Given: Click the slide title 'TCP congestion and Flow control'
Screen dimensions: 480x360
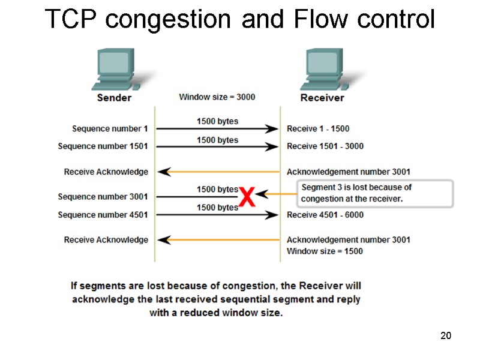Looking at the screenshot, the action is [x=240, y=20].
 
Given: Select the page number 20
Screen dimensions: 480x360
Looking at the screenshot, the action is [x=445, y=335].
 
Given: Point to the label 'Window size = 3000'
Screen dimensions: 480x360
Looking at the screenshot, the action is [x=217, y=97].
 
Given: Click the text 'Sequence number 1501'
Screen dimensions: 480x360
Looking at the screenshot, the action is [x=103, y=146].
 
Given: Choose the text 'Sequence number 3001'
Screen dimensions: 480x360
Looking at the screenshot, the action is [x=103, y=196].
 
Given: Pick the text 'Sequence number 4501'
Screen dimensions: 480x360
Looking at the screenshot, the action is [x=103, y=215].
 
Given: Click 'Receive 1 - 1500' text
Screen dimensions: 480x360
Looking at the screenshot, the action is [x=318, y=128].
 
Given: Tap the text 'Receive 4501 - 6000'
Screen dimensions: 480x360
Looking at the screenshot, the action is [x=325, y=215].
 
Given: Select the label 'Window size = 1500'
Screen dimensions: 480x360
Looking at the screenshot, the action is [x=325, y=251].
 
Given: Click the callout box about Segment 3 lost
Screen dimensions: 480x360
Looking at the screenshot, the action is [x=375, y=193].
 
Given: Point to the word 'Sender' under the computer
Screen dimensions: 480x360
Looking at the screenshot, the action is [x=114, y=97].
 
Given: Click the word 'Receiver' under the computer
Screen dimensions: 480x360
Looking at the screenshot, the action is [x=323, y=97].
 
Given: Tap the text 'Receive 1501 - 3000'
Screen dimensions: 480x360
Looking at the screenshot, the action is [x=325, y=146].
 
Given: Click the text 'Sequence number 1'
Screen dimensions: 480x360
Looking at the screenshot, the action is [x=110, y=128].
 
